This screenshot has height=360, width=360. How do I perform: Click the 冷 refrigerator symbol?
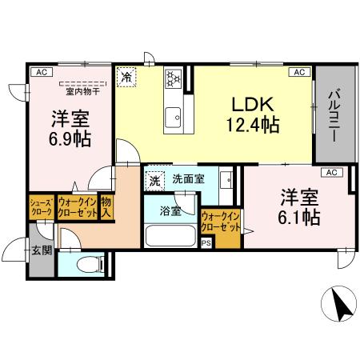click(x=126, y=77)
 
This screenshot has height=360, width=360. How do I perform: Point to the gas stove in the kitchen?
click(x=173, y=78)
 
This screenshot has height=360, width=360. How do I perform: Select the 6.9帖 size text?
click(x=70, y=138)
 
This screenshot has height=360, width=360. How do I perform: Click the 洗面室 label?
click(x=188, y=179)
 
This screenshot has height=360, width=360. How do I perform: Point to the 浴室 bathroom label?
click(x=170, y=211)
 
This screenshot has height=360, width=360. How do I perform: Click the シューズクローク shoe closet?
click(x=42, y=208)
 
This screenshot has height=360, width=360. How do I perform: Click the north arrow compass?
click(x=339, y=305)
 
